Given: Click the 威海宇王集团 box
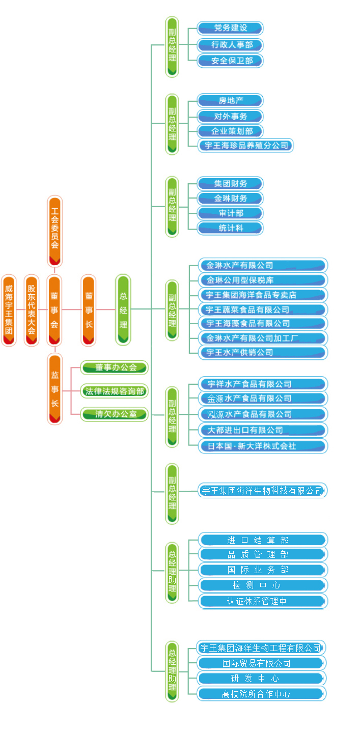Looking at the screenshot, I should [9, 311].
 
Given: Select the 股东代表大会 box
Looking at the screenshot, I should [32, 311].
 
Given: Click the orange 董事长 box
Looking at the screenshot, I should [89, 310].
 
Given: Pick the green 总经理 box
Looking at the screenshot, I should [123, 309].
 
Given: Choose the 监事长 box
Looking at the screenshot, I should [54, 389].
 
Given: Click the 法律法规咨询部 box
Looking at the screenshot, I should [115, 391].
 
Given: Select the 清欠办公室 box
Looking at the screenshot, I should [115, 414].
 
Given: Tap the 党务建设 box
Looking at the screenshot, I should [230, 28].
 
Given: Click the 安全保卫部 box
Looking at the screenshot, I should [230, 61].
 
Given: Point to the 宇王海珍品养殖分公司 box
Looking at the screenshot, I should [246, 146].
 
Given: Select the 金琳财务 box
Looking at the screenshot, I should [230, 198].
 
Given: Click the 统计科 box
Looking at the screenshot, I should [230, 228].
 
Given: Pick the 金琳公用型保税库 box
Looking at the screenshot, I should [263, 280].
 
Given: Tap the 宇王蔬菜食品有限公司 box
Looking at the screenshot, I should [263, 309].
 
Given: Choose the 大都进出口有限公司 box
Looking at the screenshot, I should [263, 430].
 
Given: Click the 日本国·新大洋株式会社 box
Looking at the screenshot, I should [263, 446].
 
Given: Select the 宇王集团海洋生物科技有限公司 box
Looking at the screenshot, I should [262, 491].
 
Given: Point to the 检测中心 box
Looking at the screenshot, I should [263, 585].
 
